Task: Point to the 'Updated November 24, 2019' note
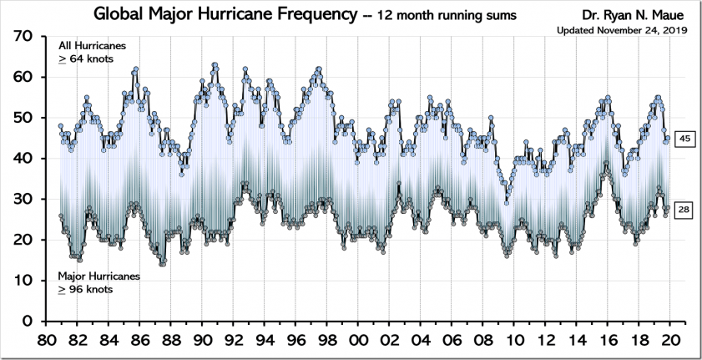614,31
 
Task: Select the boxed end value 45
683,139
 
